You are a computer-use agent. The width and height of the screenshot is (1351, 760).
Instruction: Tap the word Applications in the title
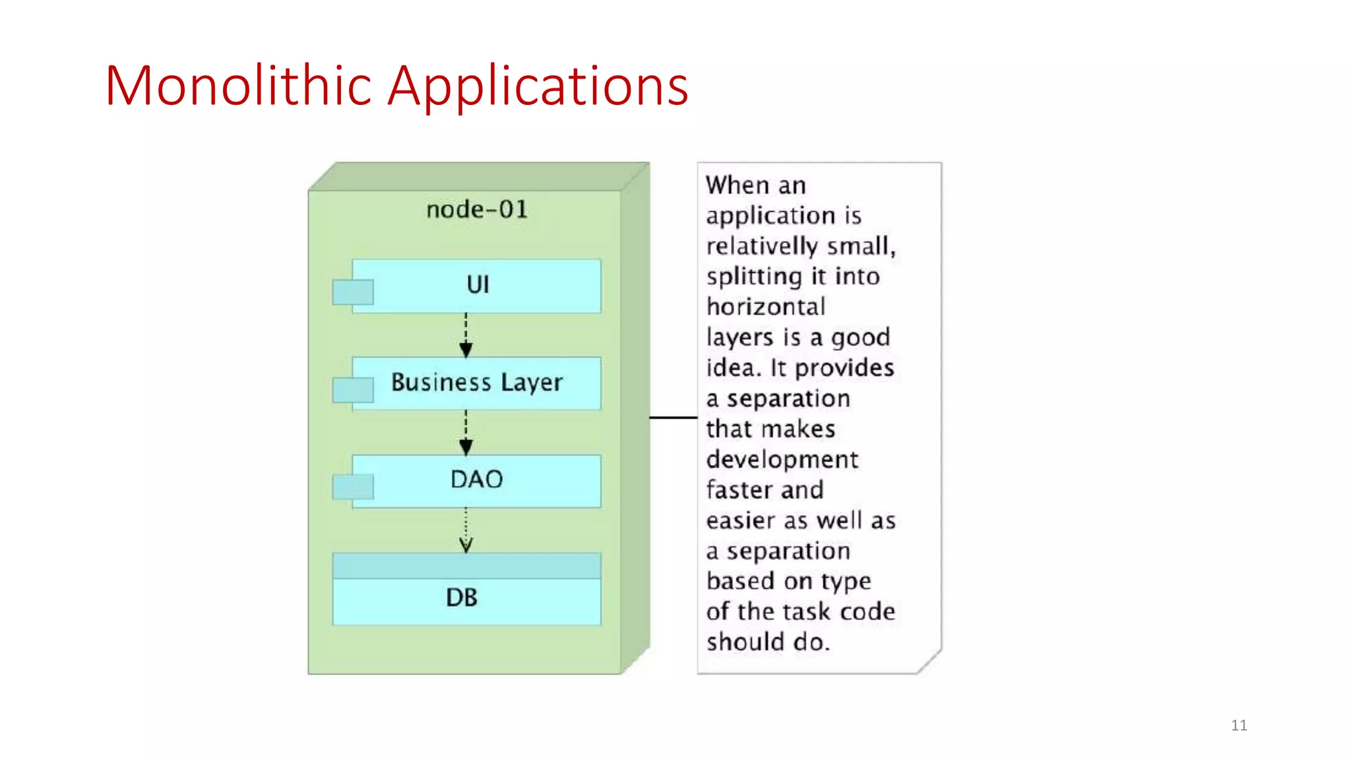(x=538, y=87)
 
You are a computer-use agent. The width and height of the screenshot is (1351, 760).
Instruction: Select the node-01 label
(x=476, y=210)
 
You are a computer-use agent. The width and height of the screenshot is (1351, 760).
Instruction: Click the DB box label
(x=462, y=598)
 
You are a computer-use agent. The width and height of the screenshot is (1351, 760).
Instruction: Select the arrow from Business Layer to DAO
(x=466, y=433)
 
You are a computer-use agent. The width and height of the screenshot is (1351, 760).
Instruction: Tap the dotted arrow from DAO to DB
(x=466, y=530)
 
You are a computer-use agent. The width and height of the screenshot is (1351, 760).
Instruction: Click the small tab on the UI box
(x=353, y=292)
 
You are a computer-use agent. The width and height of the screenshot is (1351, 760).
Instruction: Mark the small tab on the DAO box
(x=353, y=487)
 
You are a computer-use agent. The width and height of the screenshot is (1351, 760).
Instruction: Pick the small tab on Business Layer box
(x=353, y=390)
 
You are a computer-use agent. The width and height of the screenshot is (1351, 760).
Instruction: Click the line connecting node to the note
(x=673, y=417)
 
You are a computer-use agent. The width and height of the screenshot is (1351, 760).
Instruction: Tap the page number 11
(x=1239, y=725)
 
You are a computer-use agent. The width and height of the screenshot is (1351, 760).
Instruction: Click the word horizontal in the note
(x=766, y=307)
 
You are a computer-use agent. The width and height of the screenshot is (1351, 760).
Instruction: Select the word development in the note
(x=782, y=460)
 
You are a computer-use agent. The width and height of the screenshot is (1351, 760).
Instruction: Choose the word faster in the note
(x=738, y=490)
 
